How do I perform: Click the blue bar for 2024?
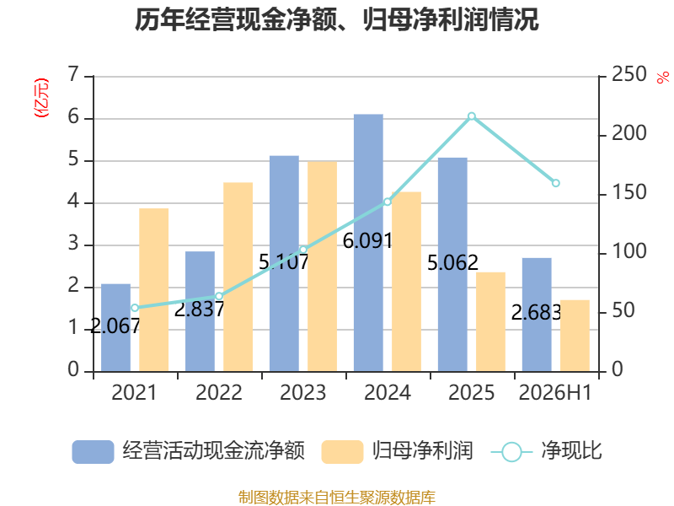[368, 243]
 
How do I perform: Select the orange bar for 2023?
[322, 266]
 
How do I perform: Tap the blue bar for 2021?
[115, 328]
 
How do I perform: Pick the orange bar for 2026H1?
[575, 336]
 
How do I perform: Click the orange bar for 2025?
[490, 322]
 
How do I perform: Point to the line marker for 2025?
[472, 116]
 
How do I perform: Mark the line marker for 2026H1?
[556, 183]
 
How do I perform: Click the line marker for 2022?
[219, 296]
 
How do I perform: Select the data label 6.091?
[367, 241]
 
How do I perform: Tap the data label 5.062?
[452, 262]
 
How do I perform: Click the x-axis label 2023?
[303, 392]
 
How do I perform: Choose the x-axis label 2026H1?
[555, 392]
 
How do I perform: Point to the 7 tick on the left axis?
[73, 74]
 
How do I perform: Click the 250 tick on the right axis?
[629, 74]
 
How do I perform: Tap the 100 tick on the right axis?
[629, 251]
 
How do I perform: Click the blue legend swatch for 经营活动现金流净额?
[93, 452]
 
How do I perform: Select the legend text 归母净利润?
[422, 451]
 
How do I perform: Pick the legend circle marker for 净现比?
[511, 452]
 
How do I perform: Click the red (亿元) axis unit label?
[41, 98]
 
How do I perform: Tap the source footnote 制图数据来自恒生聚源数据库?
[337, 498]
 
